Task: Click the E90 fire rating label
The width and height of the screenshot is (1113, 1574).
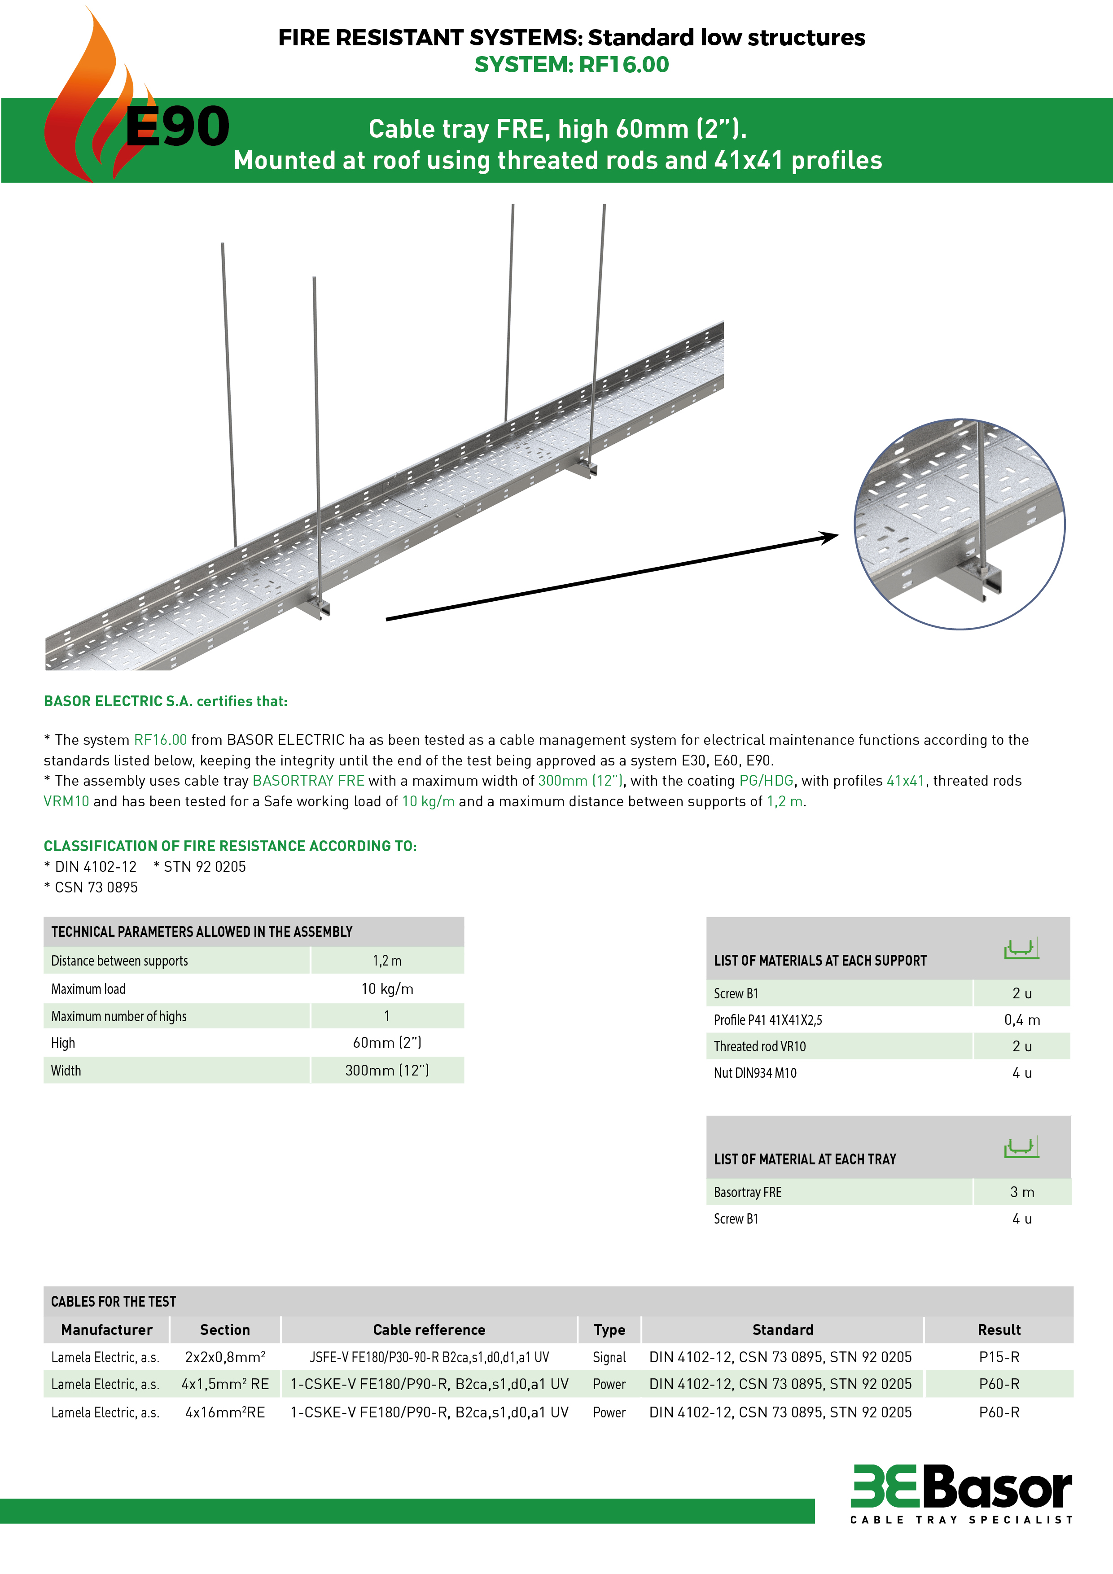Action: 177,127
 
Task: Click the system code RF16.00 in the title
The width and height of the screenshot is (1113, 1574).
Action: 623,65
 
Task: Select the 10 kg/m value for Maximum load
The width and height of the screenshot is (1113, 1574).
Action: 387,988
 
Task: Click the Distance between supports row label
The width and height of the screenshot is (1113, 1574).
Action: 119,961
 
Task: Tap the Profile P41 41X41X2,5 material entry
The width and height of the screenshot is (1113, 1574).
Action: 767,1020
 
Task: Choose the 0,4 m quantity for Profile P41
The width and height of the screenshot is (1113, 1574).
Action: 1022,1020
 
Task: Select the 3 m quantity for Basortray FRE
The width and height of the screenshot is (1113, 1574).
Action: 1022,1192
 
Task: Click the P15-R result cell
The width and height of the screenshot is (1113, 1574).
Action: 999,1357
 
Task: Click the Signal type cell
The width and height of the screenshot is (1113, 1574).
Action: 609,1357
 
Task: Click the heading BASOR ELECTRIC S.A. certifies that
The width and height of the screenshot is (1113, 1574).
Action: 165,701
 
